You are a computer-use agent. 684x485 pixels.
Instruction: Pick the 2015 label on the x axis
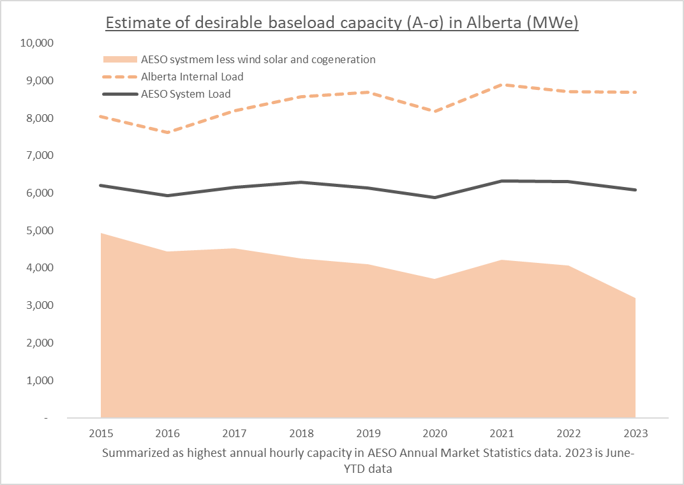(x=101, y=434)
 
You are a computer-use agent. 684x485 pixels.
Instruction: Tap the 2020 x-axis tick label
(x=435, y=434)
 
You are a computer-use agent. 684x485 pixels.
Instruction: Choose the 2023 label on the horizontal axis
(x=636, y=434)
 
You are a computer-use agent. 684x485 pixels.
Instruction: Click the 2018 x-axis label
(x=301, y=434)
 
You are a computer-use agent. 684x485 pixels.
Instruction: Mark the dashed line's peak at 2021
(x=502, y=84)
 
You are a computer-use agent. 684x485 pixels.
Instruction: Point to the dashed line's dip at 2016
(x=168, y=133)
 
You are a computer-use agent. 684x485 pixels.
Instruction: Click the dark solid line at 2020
(x=435, y=198)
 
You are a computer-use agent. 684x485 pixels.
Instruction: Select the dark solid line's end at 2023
(x=636, y=190)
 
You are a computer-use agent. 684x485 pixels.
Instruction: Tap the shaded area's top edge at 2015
(x=101, y=234)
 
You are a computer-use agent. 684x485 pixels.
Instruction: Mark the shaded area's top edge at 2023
(x=635, y=298)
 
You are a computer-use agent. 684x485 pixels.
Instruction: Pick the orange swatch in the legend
(x=120, y=60)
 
